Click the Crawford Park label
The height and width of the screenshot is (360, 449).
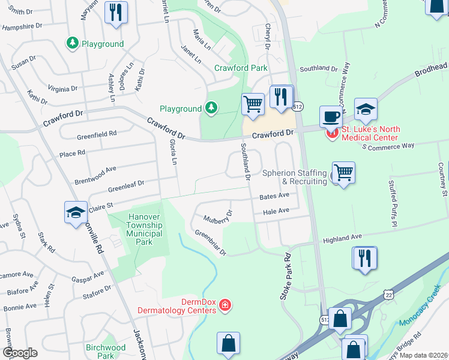[x=241, y=68]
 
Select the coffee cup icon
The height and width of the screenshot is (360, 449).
[x=331, y=116]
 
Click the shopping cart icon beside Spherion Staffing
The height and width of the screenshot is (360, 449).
[x=343, y=173]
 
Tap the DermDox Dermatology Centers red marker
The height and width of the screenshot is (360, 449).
[x=225, y=306]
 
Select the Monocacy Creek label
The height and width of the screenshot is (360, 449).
[x=423, y=314]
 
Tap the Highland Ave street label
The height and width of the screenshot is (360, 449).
[x=343, y=239]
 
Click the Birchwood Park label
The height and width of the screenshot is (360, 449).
[x=106, y=352]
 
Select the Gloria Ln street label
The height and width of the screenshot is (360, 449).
[x=173, y=152]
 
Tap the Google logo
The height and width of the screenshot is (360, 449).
[x=20, y=352]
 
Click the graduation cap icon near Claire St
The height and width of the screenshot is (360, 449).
[x=76, y=212]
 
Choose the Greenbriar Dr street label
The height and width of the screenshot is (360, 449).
[x=209, y=242]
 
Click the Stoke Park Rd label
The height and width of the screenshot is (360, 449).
[x=285, y=277]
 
